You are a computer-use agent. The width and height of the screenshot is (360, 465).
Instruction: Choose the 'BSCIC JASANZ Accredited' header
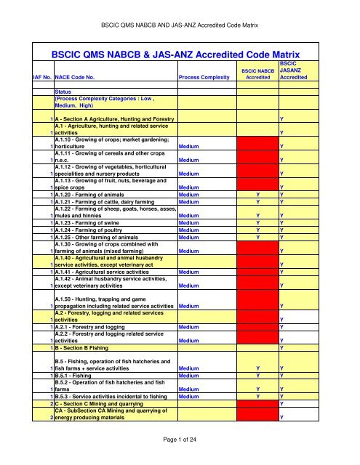[297, 70]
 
